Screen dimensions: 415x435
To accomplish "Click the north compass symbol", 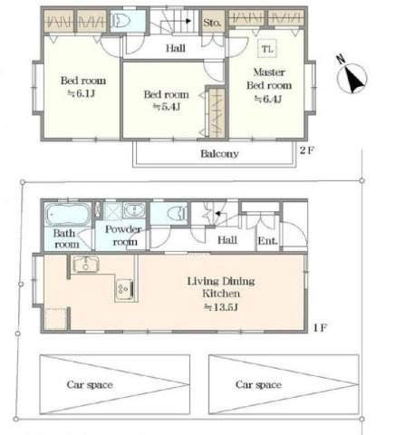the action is (352, 75).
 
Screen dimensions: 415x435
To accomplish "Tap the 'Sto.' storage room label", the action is (212, 23).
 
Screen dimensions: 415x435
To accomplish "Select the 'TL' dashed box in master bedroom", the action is (267, 48).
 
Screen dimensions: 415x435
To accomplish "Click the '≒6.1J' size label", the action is (82, 93).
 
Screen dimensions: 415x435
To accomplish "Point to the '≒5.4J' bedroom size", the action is (167, 107).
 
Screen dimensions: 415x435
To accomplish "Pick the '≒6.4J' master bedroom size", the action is (268, 99).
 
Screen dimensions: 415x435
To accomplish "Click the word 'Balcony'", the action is (219, 154).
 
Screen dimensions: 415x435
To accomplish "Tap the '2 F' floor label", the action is (307, 150).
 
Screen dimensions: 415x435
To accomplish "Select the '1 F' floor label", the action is (320, 327).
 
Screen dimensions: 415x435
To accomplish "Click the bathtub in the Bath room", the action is (68, 214).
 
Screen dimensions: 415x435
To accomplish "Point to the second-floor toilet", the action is (121, 21).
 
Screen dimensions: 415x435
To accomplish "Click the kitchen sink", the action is (86, 265).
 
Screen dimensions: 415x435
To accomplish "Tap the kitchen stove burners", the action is (124, 289).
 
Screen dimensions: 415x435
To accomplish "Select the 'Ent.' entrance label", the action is (267, 241).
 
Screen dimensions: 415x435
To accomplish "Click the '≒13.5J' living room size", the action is (221, 307).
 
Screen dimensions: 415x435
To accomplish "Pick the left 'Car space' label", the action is (90, 384).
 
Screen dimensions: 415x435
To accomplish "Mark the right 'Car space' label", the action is (258, 384).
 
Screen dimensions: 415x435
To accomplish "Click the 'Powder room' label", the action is (123, 236).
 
